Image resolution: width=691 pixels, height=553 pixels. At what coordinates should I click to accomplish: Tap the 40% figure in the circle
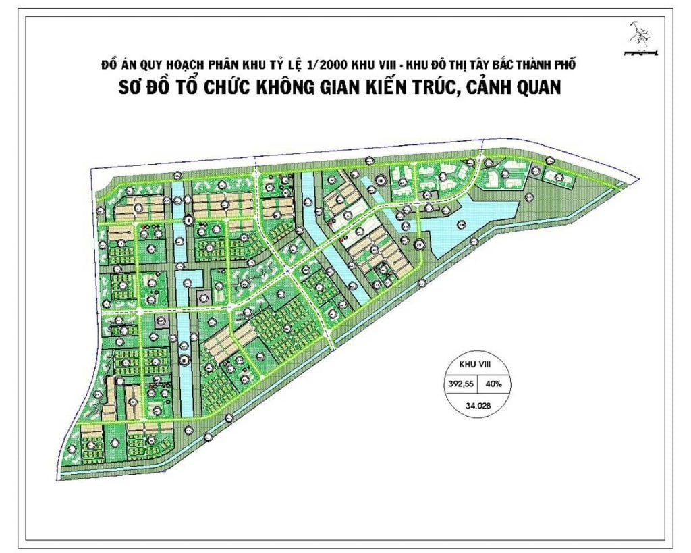(501, 385)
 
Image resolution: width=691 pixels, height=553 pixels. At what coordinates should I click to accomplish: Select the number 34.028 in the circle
(478, 406)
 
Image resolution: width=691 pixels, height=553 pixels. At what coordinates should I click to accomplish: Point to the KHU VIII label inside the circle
(478, 363)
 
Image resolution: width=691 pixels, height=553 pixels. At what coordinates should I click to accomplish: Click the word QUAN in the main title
(533, 88)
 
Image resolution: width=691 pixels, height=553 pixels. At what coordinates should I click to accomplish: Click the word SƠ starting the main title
(139, 88)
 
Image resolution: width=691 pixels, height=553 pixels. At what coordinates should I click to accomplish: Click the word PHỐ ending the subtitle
(568, 64)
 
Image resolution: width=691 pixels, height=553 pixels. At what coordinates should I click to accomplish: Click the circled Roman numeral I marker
(189, 220)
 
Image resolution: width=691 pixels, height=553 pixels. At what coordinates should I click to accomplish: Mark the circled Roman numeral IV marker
(419, 244)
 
